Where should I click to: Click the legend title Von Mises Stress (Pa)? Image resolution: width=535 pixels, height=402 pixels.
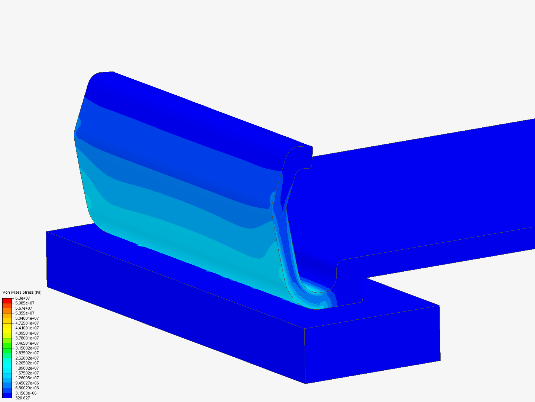coord(22,292)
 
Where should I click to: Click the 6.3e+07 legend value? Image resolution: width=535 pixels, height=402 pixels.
coord(22,298)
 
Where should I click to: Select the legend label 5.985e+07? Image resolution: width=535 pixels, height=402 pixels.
coord(25,303)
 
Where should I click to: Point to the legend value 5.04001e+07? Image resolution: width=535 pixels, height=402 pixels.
coord(27,318)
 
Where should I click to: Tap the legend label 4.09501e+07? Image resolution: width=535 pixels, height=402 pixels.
coord(27,333)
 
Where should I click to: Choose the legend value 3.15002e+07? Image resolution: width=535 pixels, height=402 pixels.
coord(27,348)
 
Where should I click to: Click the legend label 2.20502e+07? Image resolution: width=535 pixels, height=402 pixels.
coord(27,363)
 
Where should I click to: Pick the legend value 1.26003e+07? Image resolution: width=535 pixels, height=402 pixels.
coord(27,378)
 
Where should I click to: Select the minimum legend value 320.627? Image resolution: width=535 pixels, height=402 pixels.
coord(22,398)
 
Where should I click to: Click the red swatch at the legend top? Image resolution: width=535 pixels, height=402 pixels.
coord(7,300)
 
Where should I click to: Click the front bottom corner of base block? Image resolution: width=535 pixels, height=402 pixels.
coord(305,383)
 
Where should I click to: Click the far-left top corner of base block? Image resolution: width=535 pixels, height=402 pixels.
coord(47,233)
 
